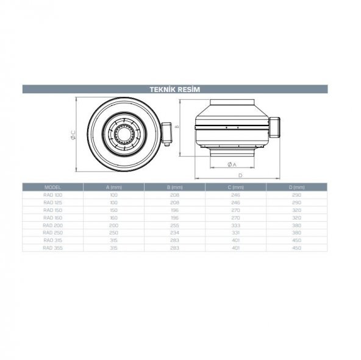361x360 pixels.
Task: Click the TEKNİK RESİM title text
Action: (x=175, y=89)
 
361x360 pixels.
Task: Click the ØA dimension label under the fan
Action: (x=232, y=164)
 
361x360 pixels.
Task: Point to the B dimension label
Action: (x=176, y=127)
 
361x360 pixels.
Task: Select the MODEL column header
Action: (x=52, y=187)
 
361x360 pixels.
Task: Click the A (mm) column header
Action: (x=113, y=187)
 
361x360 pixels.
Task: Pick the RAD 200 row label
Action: (x=52, y=225)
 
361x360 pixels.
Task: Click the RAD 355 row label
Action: (x=52, y=248)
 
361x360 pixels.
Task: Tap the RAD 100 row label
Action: (x=52, y=194)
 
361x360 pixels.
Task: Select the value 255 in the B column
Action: (x=175, y=225)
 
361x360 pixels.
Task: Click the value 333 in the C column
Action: (x=236, y=225)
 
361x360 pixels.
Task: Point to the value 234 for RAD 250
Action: (x=175, y=233)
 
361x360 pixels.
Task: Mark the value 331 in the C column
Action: (x=236, y=233)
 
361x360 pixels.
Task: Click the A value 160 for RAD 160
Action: (x=113, y=217)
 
